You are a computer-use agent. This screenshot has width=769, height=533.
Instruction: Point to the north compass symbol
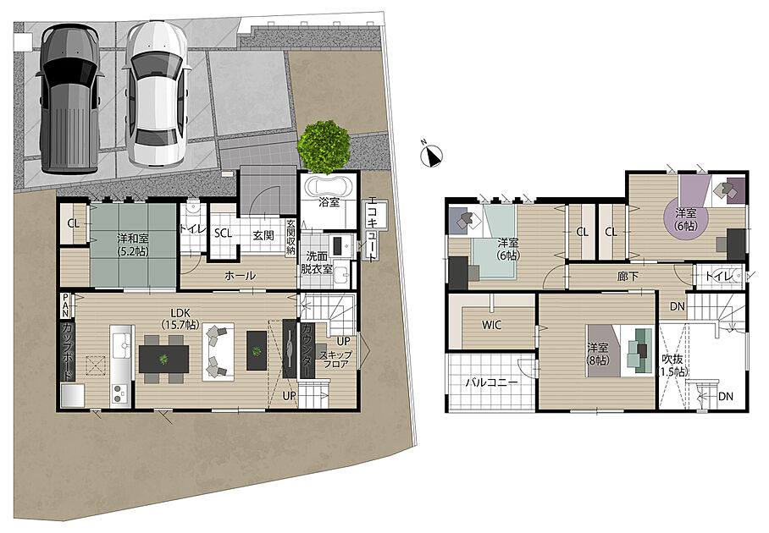pos(432,155)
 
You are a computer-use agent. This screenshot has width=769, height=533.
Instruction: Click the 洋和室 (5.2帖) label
pos(133,245)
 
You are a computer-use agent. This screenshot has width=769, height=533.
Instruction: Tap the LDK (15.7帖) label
pos(180,318)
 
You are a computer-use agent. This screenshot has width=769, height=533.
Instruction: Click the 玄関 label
pos(263,235)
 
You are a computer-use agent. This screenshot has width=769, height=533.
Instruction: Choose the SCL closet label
pos(223,234)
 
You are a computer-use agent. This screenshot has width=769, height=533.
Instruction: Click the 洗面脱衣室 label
pos(317,262)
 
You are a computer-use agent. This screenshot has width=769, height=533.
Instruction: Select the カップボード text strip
pos(68,351)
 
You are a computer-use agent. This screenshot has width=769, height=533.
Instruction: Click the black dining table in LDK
pos(163,359)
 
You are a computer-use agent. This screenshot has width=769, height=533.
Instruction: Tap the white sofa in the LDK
pos(218,352)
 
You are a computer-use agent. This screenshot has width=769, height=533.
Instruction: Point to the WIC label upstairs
pos(491,325)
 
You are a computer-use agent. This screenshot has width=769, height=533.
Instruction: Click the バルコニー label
pos(491,382)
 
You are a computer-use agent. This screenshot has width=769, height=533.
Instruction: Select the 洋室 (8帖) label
pos(598,354)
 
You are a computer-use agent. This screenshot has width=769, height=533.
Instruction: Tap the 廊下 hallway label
pos(628,277)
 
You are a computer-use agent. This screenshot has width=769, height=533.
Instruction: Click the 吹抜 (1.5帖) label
pos(672,365)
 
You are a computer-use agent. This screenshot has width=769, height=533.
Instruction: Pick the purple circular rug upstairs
pos(686,219)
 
